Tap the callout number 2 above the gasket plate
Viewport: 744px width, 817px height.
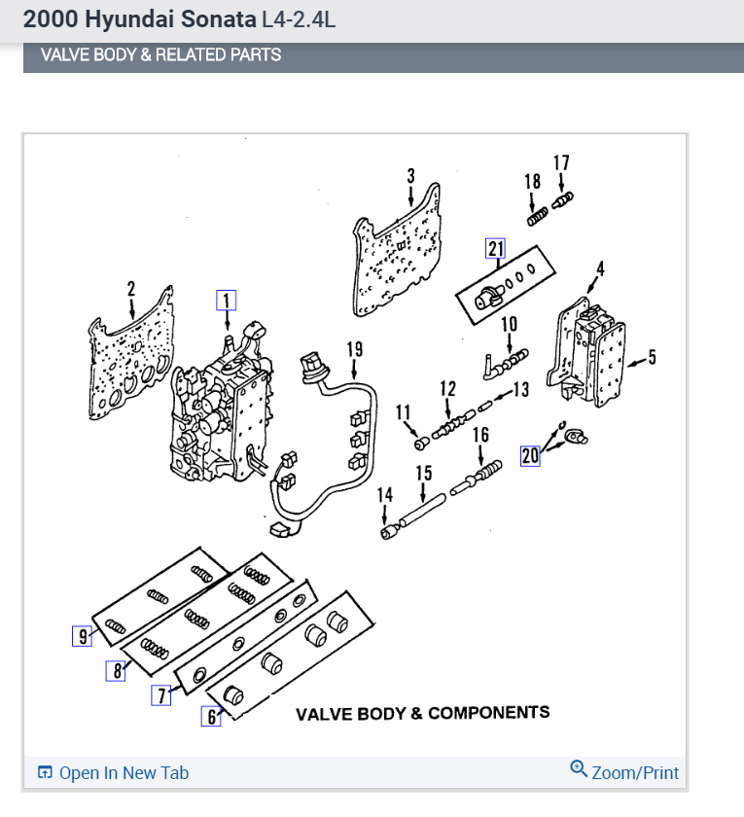pyautogui.click(x=131, y=289)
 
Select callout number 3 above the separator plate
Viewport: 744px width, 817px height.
pyautogui.click(x=410, y=176)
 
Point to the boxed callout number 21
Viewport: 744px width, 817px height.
pyautogui.click(x=496, y=249)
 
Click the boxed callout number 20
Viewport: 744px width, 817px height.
pyautogui.click(x=530, y=455)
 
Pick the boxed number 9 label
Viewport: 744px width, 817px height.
pyautogui.click(x=82, y=637)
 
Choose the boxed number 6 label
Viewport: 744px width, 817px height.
pyautogui.click(x=211, y=717)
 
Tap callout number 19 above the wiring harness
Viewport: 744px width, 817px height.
pyautogui.click(x=354, y=348)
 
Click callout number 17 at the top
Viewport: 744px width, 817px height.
pyautogui.click(x=561, y=162)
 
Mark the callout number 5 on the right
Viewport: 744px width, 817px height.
pyautogui.click(x=652, y=358)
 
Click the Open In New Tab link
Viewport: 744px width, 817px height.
pyautogui.click(x=124, y=773)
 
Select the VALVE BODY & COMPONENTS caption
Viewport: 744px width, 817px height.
pyautogui.click(x=422, y=713)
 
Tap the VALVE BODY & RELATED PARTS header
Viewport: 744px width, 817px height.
pyautogui.click(x=160, y=55)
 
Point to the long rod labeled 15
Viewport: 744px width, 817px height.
pyautogui.click(x=424, y=508)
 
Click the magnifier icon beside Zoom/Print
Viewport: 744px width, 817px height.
pyautogui.click(x=579, y=770)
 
